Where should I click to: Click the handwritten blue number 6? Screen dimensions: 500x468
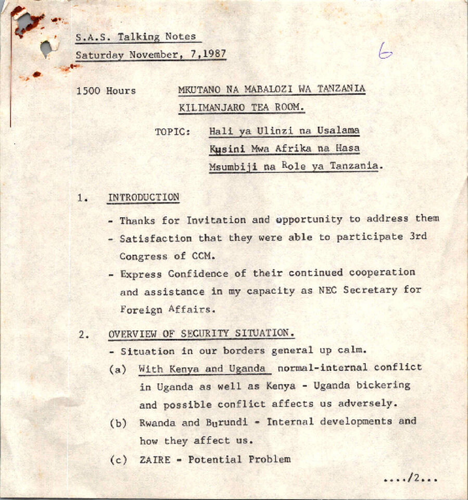pyautogui.click(x=385, y=52)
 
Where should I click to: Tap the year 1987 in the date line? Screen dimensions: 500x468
pyautogui.click(x=213, y=55)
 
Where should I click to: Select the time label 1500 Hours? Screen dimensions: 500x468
pyautogui.click(x=106, y=91)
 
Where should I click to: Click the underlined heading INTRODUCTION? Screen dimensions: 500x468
pyautogui.click(x=143, y=198)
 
